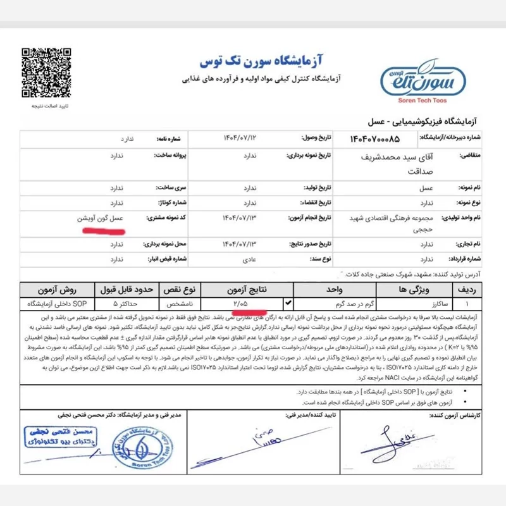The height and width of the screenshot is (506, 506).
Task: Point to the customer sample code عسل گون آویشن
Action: coord(103,218)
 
